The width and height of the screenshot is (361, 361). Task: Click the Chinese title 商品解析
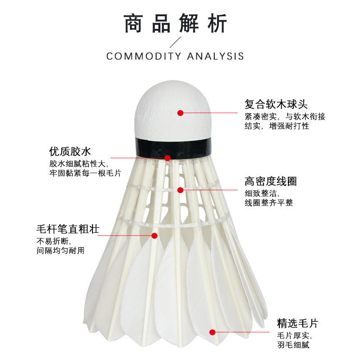coord(176,23)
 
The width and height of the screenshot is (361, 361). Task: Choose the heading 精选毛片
coord(297,323)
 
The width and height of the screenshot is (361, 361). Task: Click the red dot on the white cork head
coord(180,113)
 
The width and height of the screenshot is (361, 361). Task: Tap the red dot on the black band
coord(167,157)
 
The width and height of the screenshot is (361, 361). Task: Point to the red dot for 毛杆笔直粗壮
coord(154,235)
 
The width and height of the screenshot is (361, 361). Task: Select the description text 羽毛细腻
coord(293,346)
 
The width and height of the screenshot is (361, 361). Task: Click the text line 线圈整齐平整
coord(269,203)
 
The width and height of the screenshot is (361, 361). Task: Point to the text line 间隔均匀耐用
coord(60,250)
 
